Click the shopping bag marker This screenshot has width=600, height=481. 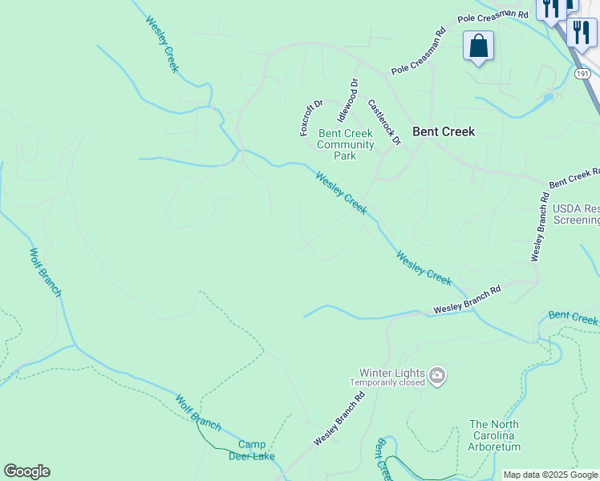478,46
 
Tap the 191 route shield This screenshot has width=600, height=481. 583,73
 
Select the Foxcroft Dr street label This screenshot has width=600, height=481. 310,117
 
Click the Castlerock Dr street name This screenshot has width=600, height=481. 384,122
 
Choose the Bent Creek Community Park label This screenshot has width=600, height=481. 346,144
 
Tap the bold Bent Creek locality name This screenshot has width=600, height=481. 444,131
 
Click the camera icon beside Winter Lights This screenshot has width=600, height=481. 437,375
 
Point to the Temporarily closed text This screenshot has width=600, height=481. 387,382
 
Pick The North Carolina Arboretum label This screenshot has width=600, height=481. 494,435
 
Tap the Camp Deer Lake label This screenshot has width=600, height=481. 251,451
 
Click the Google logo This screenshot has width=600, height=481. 26,471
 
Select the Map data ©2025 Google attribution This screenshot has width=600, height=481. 551,475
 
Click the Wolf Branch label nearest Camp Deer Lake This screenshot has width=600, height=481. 197,413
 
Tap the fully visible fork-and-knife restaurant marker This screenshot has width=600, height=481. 581,32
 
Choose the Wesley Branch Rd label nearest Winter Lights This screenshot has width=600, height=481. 339,419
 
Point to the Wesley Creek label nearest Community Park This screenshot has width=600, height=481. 341,193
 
